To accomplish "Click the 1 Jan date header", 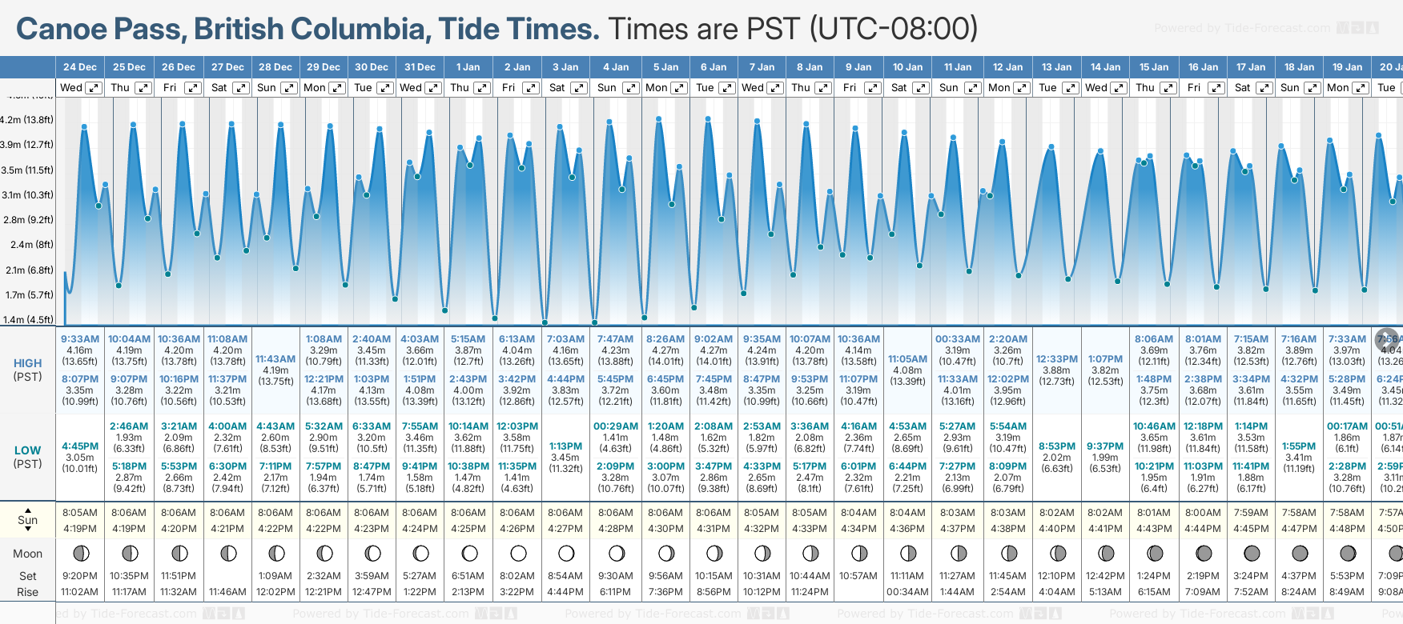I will point(468,67).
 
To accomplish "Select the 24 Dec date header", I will point(80,67).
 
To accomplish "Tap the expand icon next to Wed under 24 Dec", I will point(94,88).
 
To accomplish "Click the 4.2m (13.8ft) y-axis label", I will point(27,120).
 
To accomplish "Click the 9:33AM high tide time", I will point(80,339).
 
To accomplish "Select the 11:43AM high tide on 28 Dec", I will point(275,359).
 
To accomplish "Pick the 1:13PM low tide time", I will point(565,446).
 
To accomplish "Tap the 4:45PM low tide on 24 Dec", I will point(80,446).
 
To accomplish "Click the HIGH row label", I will point(27,363).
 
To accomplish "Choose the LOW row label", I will point(27,450).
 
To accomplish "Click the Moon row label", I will point(27,554).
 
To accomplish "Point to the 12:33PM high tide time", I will point(1057,359).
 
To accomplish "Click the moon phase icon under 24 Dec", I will point(80,553).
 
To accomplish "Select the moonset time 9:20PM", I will point(80,576).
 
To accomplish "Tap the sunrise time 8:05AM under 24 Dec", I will point(80,513).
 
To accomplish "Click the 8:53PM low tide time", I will point(1057,446).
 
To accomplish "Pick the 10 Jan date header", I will point(907,67).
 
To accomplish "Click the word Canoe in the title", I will point(61,29).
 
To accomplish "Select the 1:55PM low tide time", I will point(1299,446).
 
